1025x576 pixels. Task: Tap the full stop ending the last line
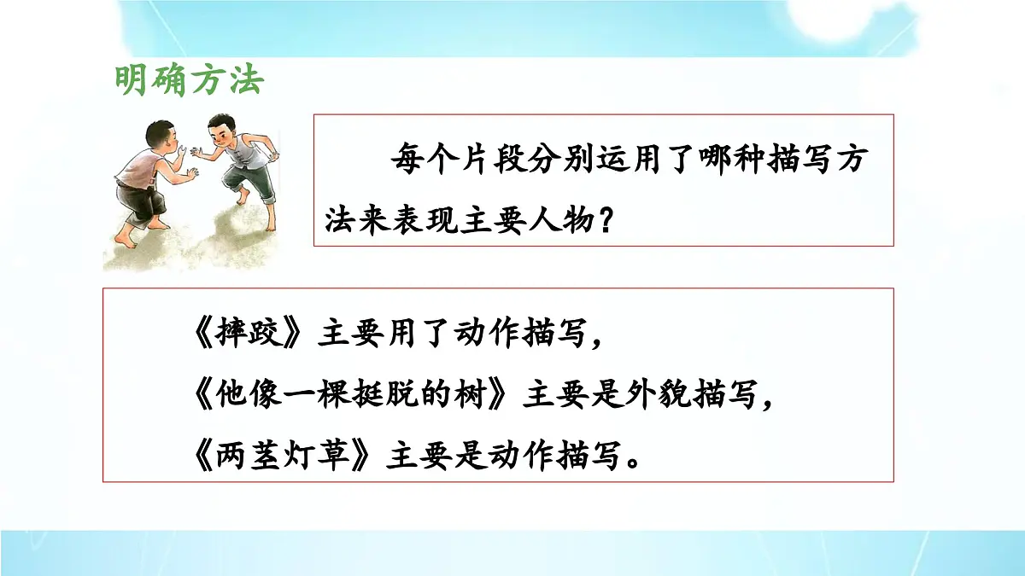coord(632,465)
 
